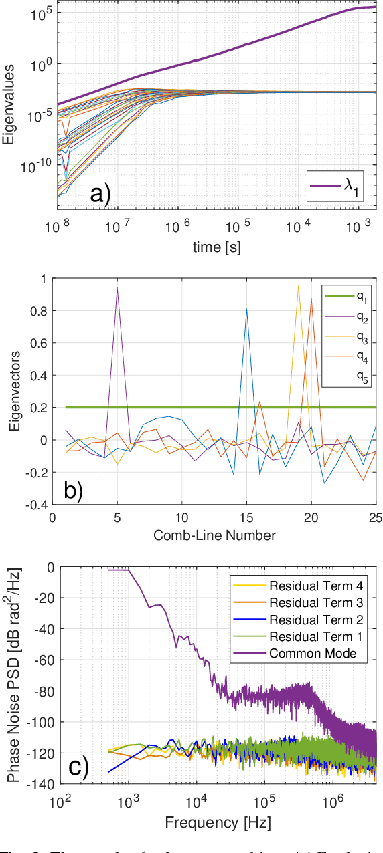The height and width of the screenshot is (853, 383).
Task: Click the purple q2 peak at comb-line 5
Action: pyautogui.click(x=118, y=289)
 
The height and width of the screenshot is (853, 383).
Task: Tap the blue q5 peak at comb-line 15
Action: pyautogui.click(x=247, y=310)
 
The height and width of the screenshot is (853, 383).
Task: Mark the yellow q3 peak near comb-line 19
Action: pyautogui.click(x=298, y=285)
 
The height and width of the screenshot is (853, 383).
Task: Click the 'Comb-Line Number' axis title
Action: pyautogui.click(x=214, y=535)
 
